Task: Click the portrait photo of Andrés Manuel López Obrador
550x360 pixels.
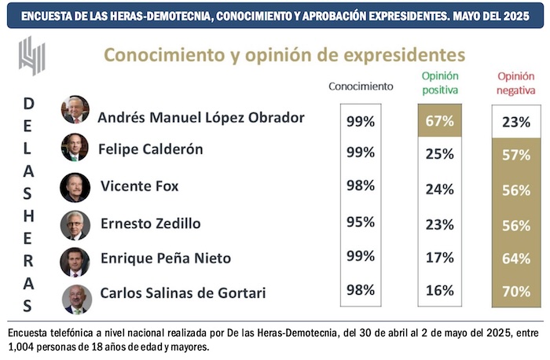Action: tap(75, 110)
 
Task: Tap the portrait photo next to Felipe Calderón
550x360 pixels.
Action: tap(75, 147)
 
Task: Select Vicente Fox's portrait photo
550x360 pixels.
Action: tap(75, 187)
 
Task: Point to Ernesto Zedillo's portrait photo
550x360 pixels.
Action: tap(75, 225)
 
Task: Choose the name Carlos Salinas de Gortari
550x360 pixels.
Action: tap(183, 293)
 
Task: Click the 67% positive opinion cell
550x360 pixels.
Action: tap(439, 122)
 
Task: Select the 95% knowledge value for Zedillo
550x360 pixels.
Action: tap(360, 222)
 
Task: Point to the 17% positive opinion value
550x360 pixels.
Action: tap(439, 257)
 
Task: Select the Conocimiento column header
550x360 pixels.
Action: tap(360, 86)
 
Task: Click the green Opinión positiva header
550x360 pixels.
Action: tap(440, 83)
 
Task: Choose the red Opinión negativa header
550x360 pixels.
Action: tap(515, 83)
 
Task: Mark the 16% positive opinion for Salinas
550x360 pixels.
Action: tap(439, 292)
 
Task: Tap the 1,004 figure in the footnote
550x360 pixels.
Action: tap(20, 346)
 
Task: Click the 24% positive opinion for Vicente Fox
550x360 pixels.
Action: tap(439, 189)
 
